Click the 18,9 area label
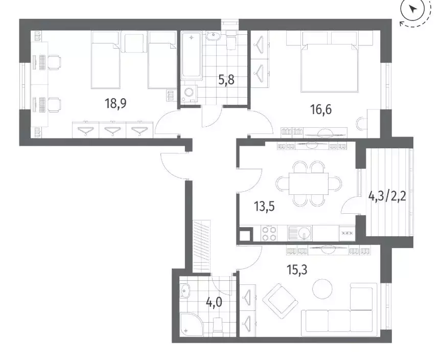click(115, 103)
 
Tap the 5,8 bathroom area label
click(226, 80)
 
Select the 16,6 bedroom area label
click(321, 109)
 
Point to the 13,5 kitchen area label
click(264, 207)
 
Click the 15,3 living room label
click(297, 270)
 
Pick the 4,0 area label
click(214, 302)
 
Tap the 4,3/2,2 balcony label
click(387, 196)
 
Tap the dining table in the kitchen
click(309, 184)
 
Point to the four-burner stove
click(269, 233)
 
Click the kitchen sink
click(299, 233)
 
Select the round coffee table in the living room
click(322, 288)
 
